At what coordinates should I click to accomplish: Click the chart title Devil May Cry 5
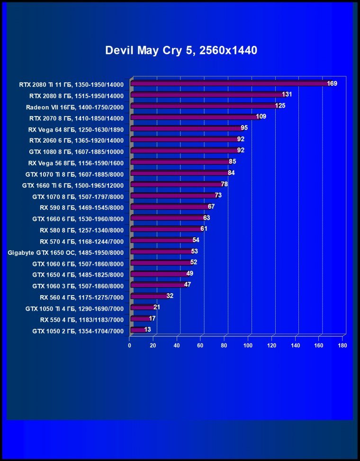(x=181, y=51)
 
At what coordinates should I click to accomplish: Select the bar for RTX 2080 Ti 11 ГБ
(x=230, y=84)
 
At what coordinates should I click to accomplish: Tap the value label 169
(x=332, y=84)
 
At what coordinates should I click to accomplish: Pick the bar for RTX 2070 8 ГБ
(x=194, y=117)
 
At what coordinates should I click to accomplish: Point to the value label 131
(x=287, y=95)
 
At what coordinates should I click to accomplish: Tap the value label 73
(x=218, y=195)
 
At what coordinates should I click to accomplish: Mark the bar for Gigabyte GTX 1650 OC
(x=161, y=251)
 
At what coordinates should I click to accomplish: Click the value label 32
(x=170, y=296)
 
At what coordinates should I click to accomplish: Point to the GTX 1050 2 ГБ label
(x=78, y=331)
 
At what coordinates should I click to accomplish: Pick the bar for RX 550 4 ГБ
(x=140, y=319)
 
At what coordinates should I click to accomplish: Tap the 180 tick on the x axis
(x=342, y=345)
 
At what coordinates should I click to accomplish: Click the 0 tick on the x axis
(x=130, y=345)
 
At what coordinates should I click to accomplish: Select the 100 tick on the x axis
(x=248, y=345)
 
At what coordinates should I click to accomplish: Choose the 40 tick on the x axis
(x=177, y=345)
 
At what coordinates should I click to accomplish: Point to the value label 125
(x=280, y=106)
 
